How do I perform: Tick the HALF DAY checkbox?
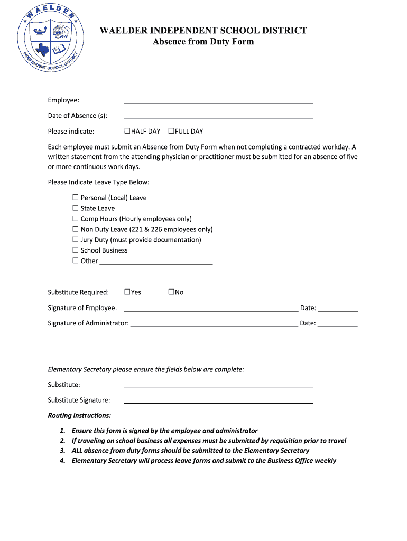127,131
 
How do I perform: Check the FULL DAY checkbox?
171,131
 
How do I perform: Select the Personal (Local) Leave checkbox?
76,198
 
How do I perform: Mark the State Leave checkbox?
76,208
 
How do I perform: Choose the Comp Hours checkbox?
76,219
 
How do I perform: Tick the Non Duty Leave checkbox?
76,229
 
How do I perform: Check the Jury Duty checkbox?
76,240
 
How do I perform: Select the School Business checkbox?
76,250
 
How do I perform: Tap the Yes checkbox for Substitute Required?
127,292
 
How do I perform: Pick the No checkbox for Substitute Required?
171,292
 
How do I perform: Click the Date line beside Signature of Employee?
337,310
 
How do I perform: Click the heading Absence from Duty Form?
203,42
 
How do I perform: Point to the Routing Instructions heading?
79,416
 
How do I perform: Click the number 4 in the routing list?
62,461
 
